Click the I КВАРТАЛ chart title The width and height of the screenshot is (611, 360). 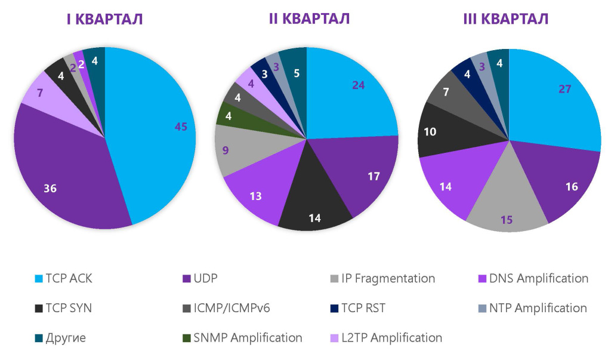click(x=104, y=19)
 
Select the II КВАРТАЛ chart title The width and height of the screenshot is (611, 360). click(x=309, y=19)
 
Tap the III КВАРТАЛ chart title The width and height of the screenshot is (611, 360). click(x=506, y=19)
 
